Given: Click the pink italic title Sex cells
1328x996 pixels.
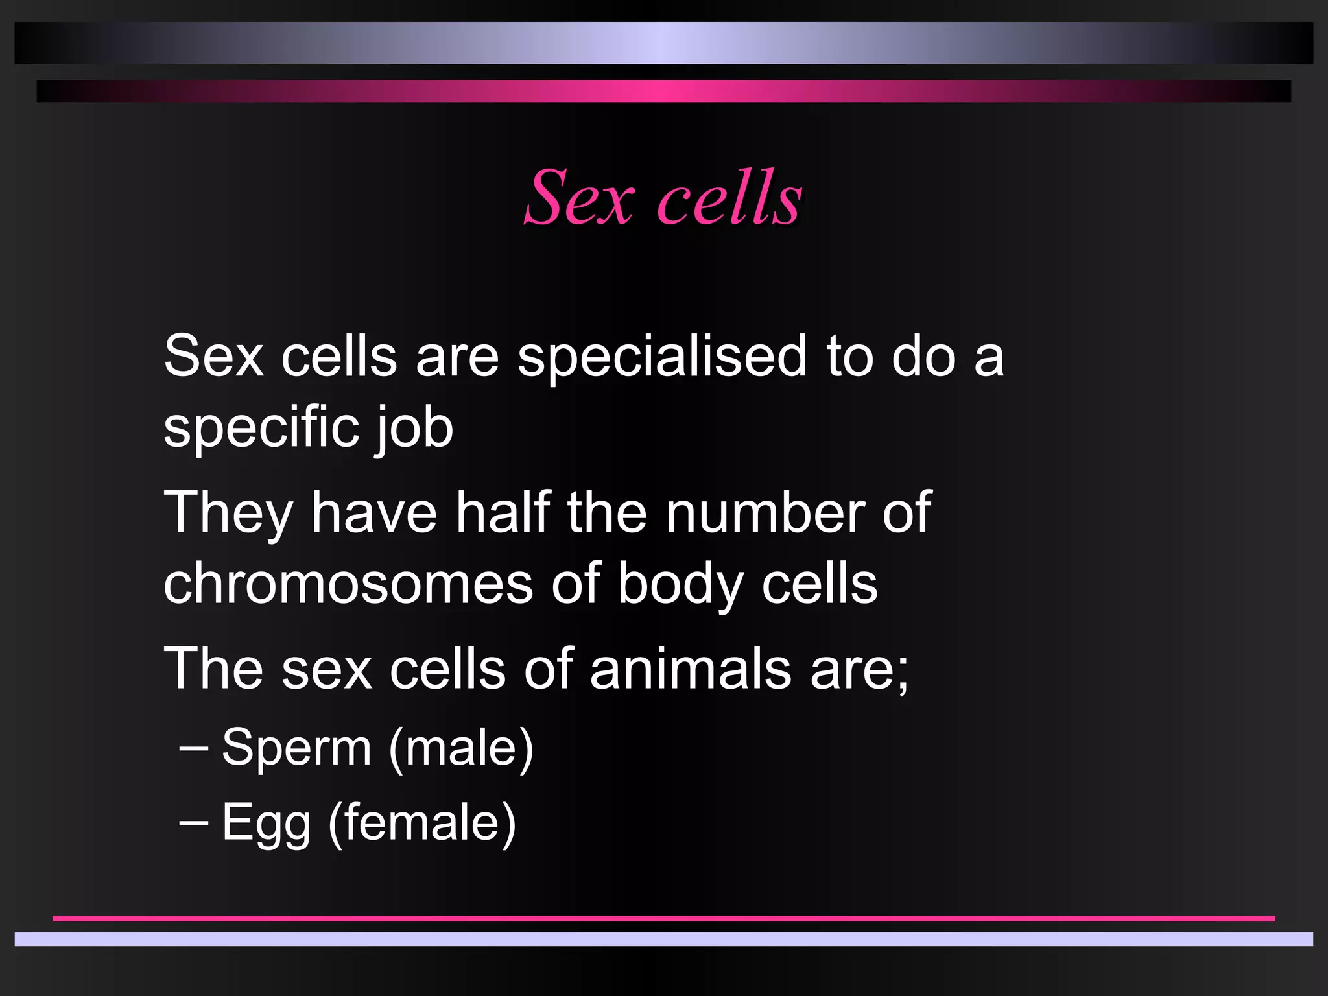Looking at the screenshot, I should [663, 198].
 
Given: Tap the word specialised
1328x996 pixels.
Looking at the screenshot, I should [662, 357].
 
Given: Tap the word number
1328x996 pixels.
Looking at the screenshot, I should [765, 513].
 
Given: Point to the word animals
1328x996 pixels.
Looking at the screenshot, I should [691, 669].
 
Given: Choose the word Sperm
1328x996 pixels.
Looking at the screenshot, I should [297, 748].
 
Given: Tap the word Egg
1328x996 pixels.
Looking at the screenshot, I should [266, 823].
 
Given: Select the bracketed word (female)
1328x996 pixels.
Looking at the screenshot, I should [422, 823].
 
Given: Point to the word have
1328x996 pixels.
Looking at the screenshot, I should [374, 513].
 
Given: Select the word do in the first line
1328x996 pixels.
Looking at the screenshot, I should [923, 357].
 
